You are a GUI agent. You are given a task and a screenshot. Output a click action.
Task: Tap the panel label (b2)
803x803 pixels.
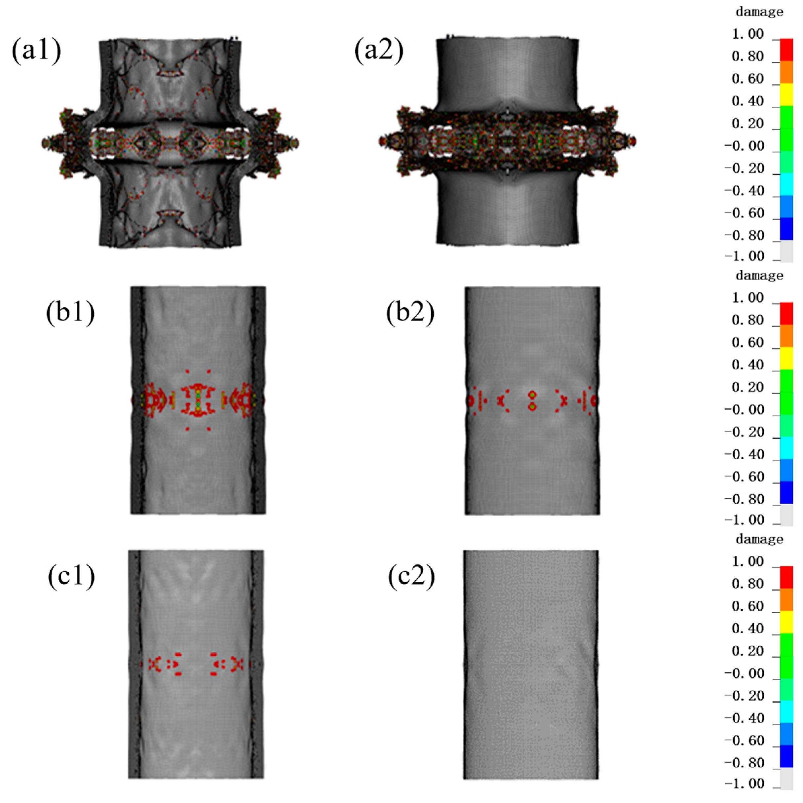tap(410, 313)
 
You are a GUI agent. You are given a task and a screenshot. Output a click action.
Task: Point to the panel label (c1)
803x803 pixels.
tap(71, 577)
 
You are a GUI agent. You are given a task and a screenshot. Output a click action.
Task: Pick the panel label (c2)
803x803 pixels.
tap(411, 577)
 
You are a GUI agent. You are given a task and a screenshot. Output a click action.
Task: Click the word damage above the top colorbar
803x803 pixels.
tap(759, 12)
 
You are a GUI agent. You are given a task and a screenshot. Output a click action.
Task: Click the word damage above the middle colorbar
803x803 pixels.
tap(759, 276)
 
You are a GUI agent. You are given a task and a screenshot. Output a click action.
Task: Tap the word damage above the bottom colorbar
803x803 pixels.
tap(759, 540)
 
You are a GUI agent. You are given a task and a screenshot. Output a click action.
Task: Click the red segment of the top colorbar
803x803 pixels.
tap(786, 50)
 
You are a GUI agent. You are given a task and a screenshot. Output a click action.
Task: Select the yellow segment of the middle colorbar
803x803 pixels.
tap(786, 359)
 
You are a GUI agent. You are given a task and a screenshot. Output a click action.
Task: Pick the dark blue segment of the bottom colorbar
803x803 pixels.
tap(786, 757)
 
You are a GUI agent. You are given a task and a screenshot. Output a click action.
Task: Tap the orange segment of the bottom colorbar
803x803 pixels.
tap(786, 600)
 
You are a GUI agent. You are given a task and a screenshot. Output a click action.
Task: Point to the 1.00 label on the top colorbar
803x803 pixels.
tap(748, 34)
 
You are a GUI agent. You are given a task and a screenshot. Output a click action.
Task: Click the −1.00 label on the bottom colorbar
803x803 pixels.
tap(745, 784)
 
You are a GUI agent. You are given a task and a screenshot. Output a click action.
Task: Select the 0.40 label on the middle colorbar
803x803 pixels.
tap(748, 365)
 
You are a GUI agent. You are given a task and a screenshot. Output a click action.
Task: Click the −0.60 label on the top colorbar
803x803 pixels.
tap(745, 213)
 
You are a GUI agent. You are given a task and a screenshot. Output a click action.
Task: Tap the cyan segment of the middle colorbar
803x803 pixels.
tap(786, 448)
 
